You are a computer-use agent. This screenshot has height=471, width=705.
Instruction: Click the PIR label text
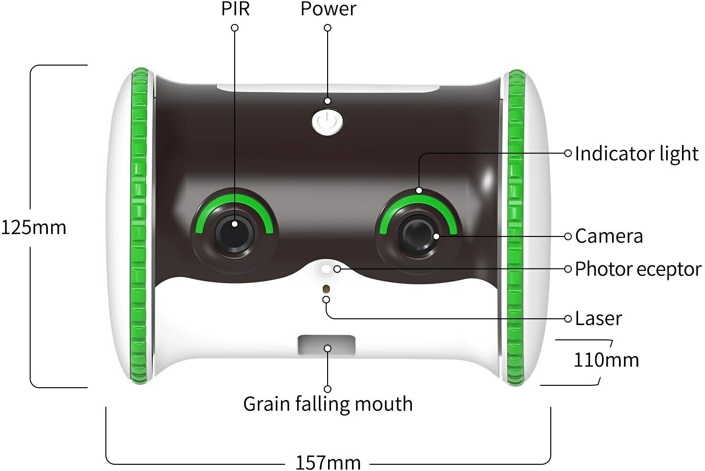click(235, 9)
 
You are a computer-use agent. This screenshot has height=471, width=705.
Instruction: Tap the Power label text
click(328, 9)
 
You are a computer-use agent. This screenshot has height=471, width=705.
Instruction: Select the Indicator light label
click(637, 154)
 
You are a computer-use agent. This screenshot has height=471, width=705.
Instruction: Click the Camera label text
click(609, 236)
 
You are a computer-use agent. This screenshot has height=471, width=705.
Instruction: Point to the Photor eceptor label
click(637, 269)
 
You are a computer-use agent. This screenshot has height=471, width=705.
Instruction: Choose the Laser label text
click(598, 318)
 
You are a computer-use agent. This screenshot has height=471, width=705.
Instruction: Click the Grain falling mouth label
click(328, 404)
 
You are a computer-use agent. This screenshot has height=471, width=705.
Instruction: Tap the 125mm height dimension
click(34, 227)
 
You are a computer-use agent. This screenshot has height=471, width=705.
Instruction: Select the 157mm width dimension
click(328, 462)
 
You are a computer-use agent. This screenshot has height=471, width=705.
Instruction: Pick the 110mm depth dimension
click(606, 360)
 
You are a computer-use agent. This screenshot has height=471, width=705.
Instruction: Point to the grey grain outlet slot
click(327, 345)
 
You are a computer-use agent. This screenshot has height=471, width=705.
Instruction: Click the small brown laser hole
click(326, 289)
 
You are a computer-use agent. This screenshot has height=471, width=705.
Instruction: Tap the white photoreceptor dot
click(326, 269)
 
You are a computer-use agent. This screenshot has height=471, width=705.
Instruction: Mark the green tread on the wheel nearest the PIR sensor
click(139, 227)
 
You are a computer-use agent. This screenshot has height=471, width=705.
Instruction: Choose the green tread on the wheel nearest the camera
click(516, 227)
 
